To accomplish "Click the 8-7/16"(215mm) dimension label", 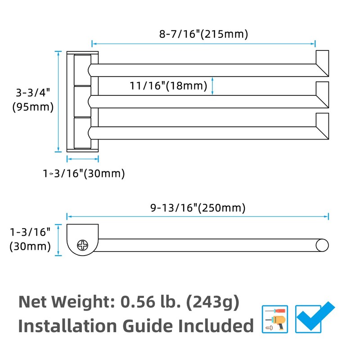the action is click(x=204, y=34).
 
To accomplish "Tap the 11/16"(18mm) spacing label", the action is click(x=168, y=85).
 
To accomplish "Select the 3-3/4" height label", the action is click(x=33, y=93).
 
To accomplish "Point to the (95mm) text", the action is click(x=33, y=107).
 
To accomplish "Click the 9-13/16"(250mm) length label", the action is click(x=198, y=208).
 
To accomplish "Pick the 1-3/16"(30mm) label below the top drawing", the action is click(x=84, y=173).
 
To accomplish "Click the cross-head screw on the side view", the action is click(x=83, y=245).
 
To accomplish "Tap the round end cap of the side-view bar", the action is click(x=322, y=245).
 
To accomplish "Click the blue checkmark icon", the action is click(x=315, y=317).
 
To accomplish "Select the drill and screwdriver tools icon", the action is click(x=275, y=319).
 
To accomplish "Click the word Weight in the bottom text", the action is click(x=83, y=302).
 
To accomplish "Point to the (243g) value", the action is click(x=212, y=302).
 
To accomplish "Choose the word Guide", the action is click(x=148, y=326).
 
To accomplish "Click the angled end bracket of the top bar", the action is click(x=322, y=63).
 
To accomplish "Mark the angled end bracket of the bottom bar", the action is click(x=322, y=126).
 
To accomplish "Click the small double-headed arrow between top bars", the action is click(x=212, y=86).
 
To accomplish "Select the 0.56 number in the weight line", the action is click(x=138, y=302).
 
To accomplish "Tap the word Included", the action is click(x=216, y=326).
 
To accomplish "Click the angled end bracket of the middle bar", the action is click(x=322, y=95).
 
